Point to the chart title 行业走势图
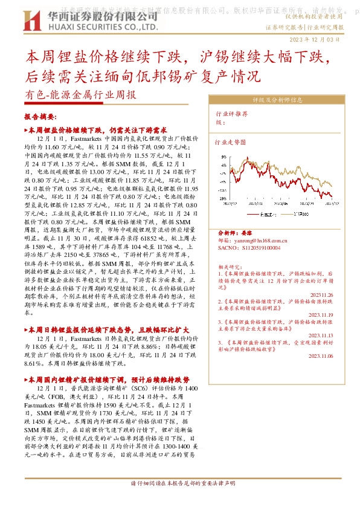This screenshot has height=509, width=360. click(231, 143)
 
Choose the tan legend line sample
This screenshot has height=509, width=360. click(288, 213)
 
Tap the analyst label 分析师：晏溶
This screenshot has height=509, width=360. click(233, 233)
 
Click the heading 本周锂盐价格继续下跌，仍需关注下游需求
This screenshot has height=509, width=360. click(97, 131)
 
